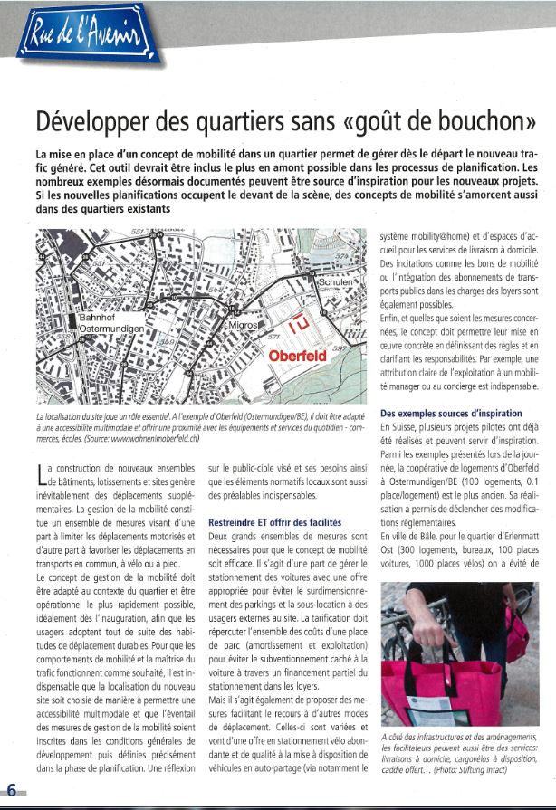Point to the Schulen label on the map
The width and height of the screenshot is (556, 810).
click(x=338, y=281)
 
